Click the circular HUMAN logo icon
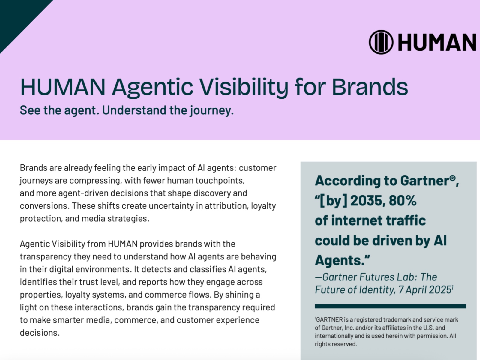[x=381, y=42]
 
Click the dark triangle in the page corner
[x=17, y=17]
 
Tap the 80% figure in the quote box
[x=403, y=201]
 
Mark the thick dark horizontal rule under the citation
[x=391, y=306]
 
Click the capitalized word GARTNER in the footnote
[x=329, y=320]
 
